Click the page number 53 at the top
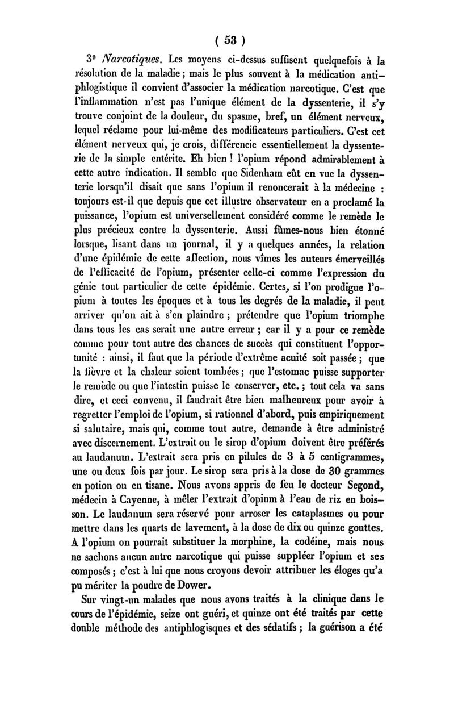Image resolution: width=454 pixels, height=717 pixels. [x=229, y=40]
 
